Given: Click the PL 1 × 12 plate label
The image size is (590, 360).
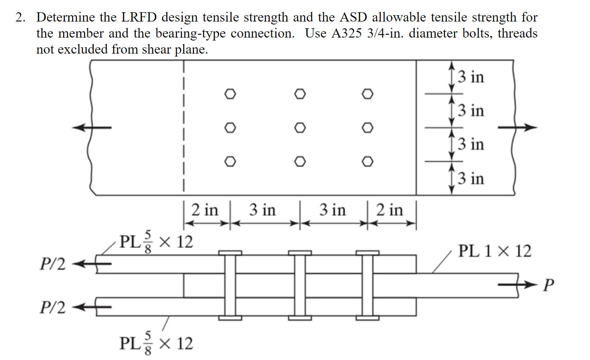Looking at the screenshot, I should click(x=495, y=252).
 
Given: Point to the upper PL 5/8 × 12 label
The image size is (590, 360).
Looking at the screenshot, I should click(x=156, y=242).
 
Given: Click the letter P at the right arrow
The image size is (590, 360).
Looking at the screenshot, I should click(x=547, y=286).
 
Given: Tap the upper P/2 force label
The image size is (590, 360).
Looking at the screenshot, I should click(x=53, y=265).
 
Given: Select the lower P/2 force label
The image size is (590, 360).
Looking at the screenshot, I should click(x=53, y=308).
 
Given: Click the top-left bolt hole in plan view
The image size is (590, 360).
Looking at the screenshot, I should click(x=230, y=94).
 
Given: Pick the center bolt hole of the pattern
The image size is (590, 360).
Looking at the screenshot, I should click(x=300, y=127).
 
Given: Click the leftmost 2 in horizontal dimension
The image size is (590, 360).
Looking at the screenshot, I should click(x=205, y=210).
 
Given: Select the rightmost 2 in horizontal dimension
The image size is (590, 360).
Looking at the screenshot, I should click(x=390, y=210).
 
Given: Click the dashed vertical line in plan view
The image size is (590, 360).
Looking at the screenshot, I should click(x=184, y=127).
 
